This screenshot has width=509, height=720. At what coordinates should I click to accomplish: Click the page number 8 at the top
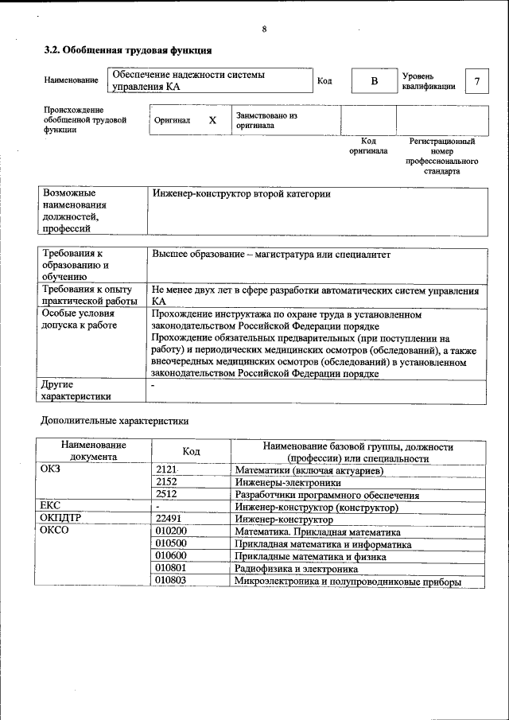(x=263, y=29)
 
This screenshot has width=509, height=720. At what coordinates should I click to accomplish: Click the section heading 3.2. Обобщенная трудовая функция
(x=127, y=50)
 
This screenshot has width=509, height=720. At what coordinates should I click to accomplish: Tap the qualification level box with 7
(x=476, y=81)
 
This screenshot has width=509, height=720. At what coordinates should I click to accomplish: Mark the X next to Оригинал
(x=212, y=120)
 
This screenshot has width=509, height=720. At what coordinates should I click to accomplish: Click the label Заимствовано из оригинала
(x=266, y=120)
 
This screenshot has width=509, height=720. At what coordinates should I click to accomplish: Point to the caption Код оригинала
(x=368, y=146)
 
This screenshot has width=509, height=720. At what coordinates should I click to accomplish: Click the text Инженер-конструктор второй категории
(x=240, y=194)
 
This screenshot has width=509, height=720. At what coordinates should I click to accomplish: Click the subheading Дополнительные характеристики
(x=115, y=419)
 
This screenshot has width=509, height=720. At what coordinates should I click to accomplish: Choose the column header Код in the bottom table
(x=191, y=451)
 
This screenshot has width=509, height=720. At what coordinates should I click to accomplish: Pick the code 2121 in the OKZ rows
(x=166, y=470)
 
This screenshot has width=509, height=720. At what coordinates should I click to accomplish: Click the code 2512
(x=166, y=494)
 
